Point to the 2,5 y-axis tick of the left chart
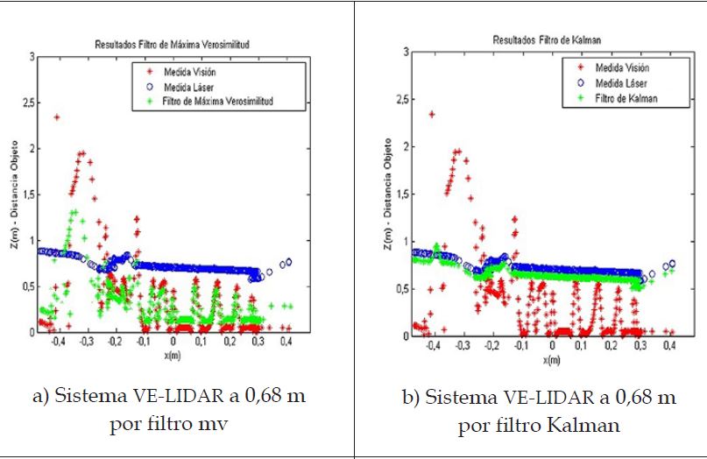(x=28, y=103)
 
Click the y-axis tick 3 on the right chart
(x=406, y=53)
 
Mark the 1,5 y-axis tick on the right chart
(x=401, y=194)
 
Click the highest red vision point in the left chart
(x=58, y=117)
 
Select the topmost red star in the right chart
(x=432, y=114)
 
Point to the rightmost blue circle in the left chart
(x=289, y=262)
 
